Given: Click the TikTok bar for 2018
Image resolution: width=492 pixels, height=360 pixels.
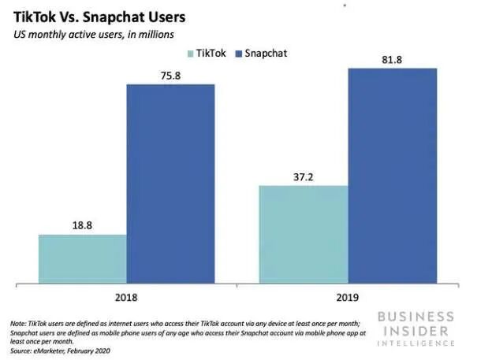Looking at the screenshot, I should (82, 258).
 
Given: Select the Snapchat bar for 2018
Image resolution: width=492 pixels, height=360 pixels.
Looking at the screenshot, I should (170, 182).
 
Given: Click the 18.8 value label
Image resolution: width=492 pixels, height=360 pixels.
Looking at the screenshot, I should (82, 225).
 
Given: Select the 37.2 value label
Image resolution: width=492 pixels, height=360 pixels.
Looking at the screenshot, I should (304, 176).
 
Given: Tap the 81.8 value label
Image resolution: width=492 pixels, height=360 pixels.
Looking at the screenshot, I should (392, 59).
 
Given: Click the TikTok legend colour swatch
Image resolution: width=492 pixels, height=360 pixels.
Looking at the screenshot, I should (191, 54).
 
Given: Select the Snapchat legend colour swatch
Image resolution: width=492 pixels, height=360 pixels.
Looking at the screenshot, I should (239, 54).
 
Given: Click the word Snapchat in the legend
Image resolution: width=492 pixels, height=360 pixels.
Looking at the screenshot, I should (266, 54).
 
